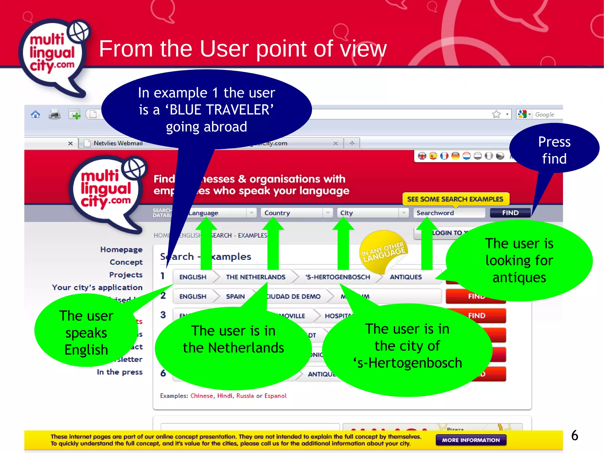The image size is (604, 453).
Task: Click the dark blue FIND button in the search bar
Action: (x=510, y=213)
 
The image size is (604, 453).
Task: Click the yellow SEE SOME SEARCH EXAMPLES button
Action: (x=455, y=199)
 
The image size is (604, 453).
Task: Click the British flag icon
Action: (x=422, y=156)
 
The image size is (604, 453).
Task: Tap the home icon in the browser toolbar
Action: (x=35, y=114)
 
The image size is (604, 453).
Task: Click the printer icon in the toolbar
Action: (x=55, y=114)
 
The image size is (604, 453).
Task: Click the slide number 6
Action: (x=575, y=435)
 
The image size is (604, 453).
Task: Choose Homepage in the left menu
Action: (x=121, y=250)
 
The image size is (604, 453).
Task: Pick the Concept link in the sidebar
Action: (x=126, y=262)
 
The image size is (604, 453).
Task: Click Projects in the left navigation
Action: (x=126, y=275)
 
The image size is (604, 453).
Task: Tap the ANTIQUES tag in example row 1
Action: (x=406, y=277)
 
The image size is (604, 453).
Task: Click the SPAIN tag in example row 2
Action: (x=235, y=296)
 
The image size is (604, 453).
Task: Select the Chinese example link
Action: (x=201, y=396)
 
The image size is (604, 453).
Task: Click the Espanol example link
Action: (x=275, y=396)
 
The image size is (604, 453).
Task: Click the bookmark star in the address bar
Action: (x=496, y=114)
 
